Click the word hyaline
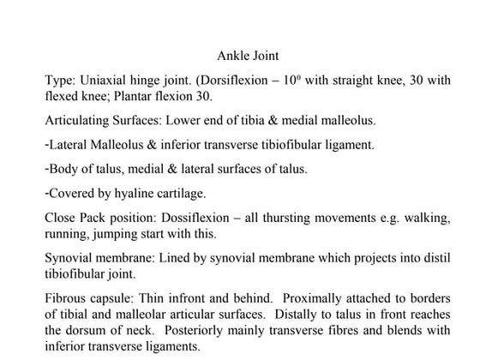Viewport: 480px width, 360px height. tap(129, 193)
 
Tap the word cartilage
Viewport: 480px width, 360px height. tap(175, 193)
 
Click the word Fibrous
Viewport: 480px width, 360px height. tap(66, 299)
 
